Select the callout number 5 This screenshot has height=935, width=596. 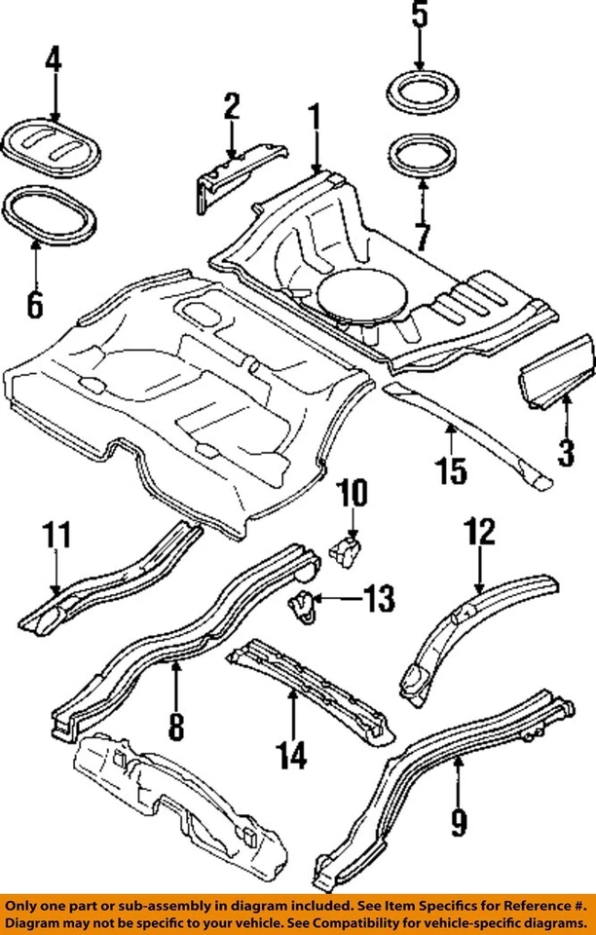(419, 18)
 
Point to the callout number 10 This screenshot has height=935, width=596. (353, 494)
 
